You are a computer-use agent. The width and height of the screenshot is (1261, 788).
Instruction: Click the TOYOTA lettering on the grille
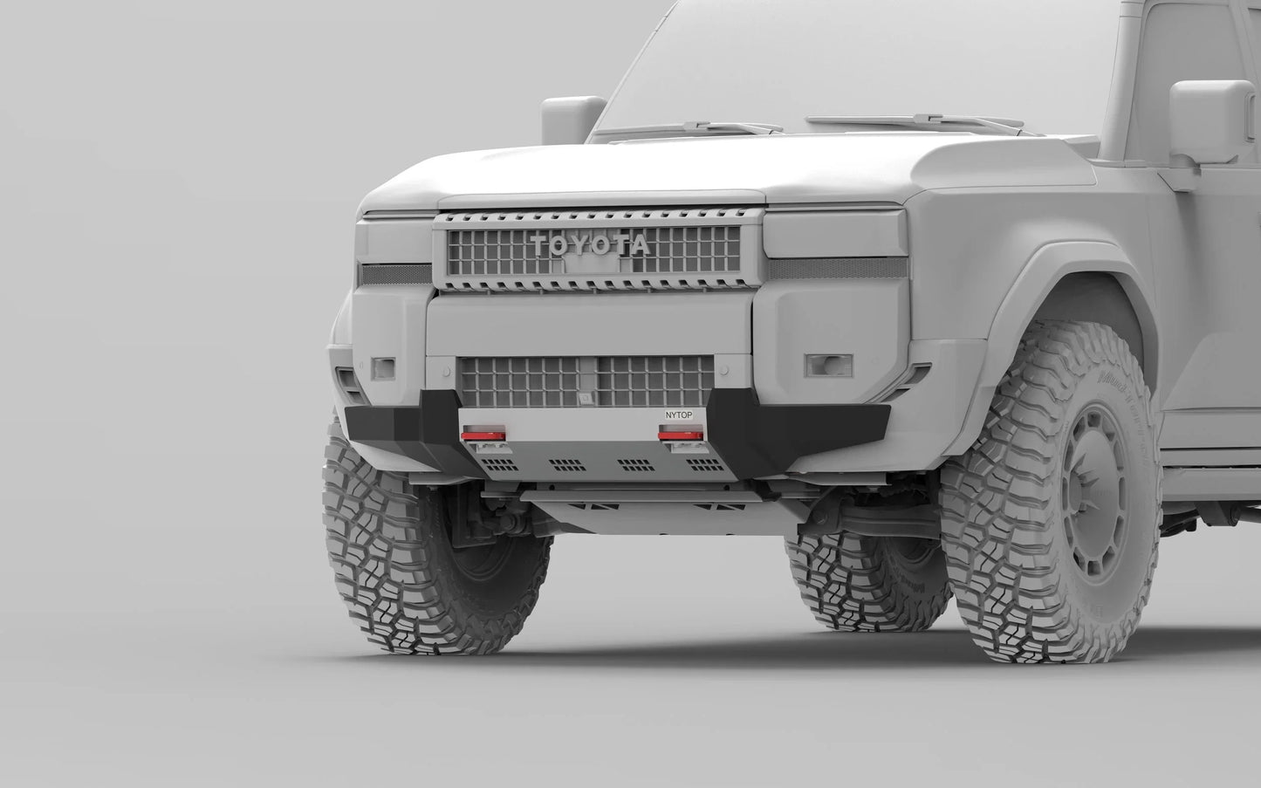click(591, 245)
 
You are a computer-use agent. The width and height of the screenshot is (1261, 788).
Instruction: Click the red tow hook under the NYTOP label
click(675, 434)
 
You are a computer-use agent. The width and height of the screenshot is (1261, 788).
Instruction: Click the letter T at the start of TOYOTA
click(538, 245)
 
